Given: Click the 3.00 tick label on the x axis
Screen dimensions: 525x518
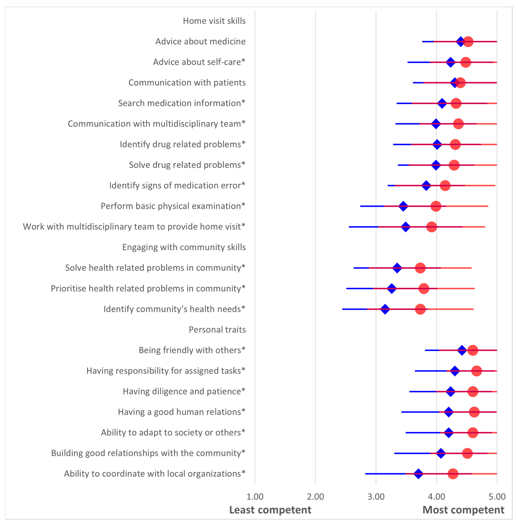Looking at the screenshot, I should [x=376, y=497].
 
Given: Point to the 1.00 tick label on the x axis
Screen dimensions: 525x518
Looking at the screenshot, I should [x=255, y=497].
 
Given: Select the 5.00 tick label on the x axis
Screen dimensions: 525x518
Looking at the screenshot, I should [x=497, y=497].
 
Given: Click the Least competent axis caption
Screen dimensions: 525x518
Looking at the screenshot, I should [x=270, y=510].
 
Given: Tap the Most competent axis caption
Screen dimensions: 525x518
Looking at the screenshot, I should [x=463, y=510].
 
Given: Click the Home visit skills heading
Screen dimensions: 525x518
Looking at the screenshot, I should [x=214, y=21].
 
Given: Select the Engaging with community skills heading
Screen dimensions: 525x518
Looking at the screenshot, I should [x=184, y=247].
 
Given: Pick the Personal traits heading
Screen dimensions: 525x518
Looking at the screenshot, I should [x=217, y=330].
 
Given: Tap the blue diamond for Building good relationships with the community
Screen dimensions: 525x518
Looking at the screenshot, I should [x=441, y=453].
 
